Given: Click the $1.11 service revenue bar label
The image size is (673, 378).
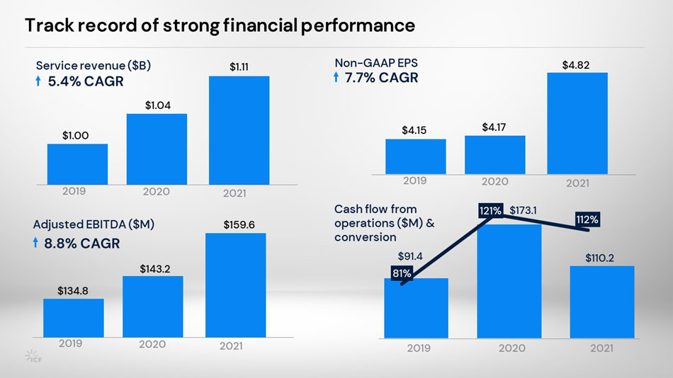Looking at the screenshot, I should click(x=239, y=67).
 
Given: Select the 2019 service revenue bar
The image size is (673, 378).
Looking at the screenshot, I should click(x=77, y=164).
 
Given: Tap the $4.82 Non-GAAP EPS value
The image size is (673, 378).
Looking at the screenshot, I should click(x=577, y=65).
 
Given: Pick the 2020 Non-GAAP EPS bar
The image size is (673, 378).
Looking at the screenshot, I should click(x=494, y=154).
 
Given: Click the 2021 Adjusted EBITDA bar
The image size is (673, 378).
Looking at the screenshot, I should click(x=235, y=285).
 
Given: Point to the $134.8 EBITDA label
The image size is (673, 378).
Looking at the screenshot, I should click(x=72, y=290).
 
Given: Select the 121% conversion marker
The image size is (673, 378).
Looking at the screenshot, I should click(x=490, y=210).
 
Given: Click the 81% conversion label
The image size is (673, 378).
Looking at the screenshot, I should click(x=402, y=273).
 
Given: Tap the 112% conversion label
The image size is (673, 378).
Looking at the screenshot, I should click(x=587, y=220).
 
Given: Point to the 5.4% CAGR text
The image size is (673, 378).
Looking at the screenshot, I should click(x=85, y=81).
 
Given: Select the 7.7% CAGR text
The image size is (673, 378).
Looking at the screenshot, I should click(x=381, y=78).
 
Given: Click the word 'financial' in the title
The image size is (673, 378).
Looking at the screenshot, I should click(x=259, y=26).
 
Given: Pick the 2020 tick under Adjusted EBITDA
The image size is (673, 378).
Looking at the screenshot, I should click(x=152, y=344).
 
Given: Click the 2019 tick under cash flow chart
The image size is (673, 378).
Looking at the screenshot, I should click(x=419, y=348).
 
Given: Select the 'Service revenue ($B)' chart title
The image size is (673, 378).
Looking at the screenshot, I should click(x=93, y=65).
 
